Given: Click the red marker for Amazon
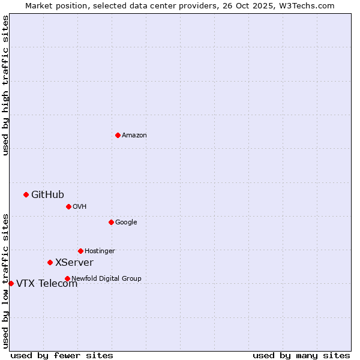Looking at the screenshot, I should (x=118, y=135).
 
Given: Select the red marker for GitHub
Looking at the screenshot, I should (x=26, y=194).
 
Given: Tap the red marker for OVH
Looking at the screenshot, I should (x=68, y=206).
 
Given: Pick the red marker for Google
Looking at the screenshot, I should (x=111, y=222).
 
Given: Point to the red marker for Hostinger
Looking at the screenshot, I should (x=80, y=251).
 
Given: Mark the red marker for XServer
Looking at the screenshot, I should (x=50, y=262).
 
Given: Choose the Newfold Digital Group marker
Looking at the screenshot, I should (x=67, y=278).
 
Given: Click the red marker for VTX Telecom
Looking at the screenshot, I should (x=11, y=283).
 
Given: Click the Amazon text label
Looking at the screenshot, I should (x=134, y=136).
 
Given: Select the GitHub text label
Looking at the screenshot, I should (x=47, y=194).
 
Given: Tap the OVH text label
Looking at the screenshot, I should (x=80, y=207).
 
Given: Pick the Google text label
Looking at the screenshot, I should (x=126, y=223).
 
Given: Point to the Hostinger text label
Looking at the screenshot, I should (x=100, y=251).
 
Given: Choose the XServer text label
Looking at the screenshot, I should (x=74, y=263).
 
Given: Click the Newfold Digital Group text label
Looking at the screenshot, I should (x=106, y=278).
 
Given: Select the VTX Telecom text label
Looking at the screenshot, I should (x=47, y=284).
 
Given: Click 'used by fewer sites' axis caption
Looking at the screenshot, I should (x=62, y=356).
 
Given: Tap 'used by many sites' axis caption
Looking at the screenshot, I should (x=301, y=356).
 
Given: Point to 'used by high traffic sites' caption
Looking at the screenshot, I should (x=5, y=85).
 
